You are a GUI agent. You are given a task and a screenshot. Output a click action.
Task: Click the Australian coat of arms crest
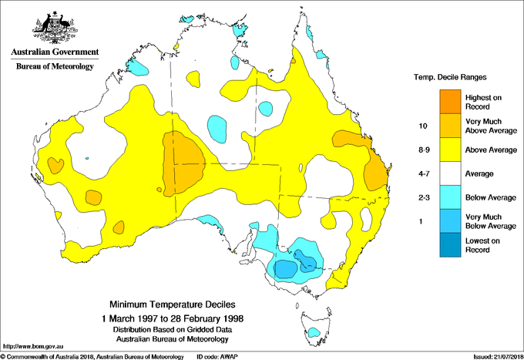click(54, 28)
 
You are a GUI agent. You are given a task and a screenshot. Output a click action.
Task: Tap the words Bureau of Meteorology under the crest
click(54, 67)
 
